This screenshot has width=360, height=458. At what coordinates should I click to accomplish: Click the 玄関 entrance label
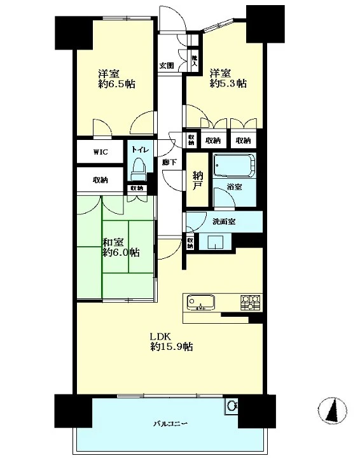point(167,66)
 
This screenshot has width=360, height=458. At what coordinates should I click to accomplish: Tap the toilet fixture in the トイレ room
point(138,170)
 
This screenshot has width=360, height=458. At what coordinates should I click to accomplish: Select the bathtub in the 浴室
point(234,165)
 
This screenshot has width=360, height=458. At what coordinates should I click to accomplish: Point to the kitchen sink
point(200,302)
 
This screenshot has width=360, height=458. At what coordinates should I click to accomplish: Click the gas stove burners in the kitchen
point(250,302)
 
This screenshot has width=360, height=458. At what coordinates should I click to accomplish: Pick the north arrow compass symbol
point(333,410)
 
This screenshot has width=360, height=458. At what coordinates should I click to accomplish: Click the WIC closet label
point(100,152)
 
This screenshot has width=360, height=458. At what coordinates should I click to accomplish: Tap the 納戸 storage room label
point(198,181)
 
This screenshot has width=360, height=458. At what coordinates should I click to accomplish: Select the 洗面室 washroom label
point(224,221)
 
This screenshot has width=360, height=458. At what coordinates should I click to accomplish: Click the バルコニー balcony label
point(170,423)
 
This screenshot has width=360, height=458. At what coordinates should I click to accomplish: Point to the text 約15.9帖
point(171,347)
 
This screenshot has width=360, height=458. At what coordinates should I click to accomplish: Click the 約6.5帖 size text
point(117,84)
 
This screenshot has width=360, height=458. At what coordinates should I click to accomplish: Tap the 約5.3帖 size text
point(228,83)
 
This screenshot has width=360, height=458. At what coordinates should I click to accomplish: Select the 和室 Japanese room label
point(113,242)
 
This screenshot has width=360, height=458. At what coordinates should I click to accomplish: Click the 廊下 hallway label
point(169,162)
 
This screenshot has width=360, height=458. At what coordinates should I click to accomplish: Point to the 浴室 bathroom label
point(234,186)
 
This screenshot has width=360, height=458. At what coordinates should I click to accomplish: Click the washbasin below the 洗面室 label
point(215,241)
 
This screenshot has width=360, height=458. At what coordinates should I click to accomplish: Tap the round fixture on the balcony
point(232,406)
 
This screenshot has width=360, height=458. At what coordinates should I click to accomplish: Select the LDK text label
point(160,337)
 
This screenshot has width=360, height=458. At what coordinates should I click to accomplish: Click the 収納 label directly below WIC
point(100,180)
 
